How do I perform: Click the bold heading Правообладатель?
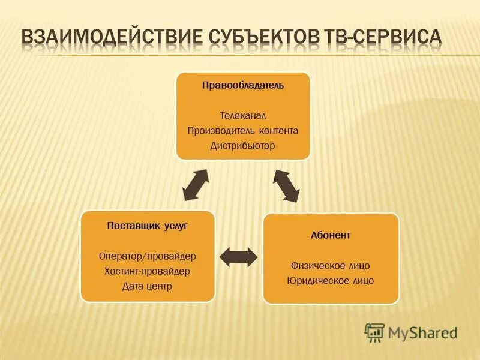click(x=242, y=85)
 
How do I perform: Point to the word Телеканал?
click(x=242, y=115)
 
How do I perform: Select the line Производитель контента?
click(x=242, y=130)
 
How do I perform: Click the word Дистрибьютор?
click(x=242, y=146)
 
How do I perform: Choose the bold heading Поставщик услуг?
click(x=148, y=226)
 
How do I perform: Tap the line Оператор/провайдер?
click(x=148, y=256)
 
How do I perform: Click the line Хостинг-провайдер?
click(x=148, y=271)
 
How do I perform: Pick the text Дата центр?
click(x=148, y=286)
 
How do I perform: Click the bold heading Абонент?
click(x=331, y=235)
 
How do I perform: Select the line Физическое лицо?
click(x=331, y=265)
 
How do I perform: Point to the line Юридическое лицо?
click(x=331, y=280)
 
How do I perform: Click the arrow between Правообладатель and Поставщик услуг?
click(x=196, y=185)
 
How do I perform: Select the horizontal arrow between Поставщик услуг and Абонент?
click(x=239, y=257)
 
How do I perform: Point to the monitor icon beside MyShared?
click(x=374, y=332)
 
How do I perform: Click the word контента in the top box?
click(x=278, y=130)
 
